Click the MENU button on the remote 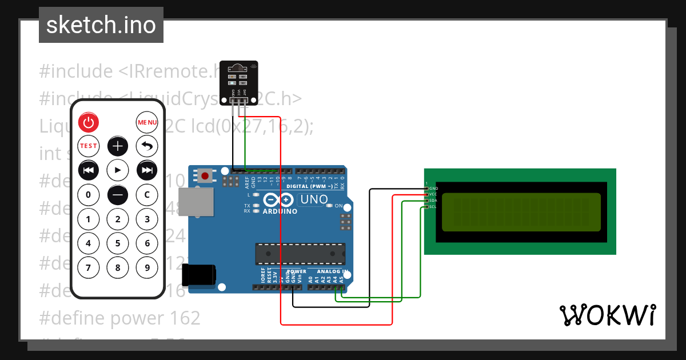tap(147, 122)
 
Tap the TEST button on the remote tap(88, 146)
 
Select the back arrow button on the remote tap(147, 146)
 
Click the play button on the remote tap(118, 170)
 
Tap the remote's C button tap(147, 195)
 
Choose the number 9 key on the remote tap(147, 267)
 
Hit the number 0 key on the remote tap(88, 195)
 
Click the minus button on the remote tap(118, 195)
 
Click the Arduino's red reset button tap(205, 175)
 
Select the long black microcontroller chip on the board tap(300, 251)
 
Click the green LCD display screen tap(521, 212)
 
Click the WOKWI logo tap(607, 315)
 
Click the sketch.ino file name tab tap(101, 25)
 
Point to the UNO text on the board tap(314, 200)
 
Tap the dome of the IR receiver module tap(237, 68)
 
